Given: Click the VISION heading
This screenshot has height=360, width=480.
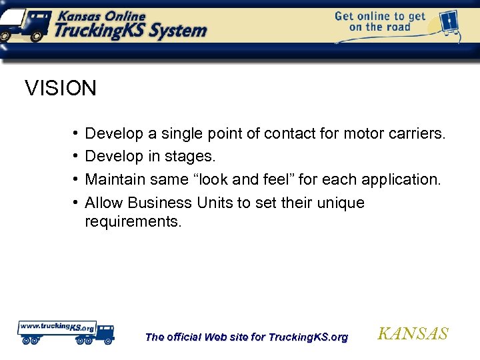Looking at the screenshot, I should [x=61, y=88].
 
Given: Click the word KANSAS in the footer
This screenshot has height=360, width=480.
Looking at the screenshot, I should [x=413, y=334].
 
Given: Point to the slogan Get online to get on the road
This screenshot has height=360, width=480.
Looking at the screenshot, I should [x=379, y=21].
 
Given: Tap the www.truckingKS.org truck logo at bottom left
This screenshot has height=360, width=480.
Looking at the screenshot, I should [x=65, y=331].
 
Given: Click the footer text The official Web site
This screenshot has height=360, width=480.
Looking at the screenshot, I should [x=246, y=337].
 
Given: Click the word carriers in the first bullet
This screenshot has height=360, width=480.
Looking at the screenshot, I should [x=417, y=134].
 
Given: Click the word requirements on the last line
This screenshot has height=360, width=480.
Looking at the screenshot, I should [x=133, y=221].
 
